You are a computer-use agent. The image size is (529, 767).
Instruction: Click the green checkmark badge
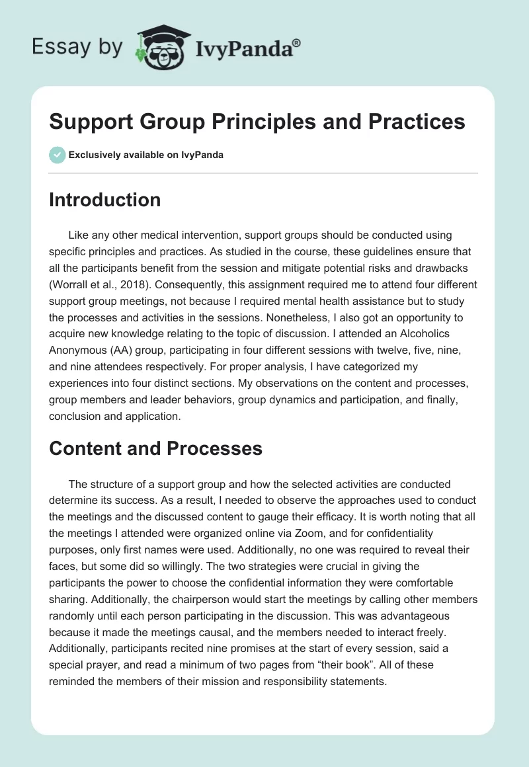tap(57, 155)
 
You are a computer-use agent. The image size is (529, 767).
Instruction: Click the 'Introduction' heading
tap(104, 200)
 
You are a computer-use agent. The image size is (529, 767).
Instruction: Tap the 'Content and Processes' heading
tap(155, 448)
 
